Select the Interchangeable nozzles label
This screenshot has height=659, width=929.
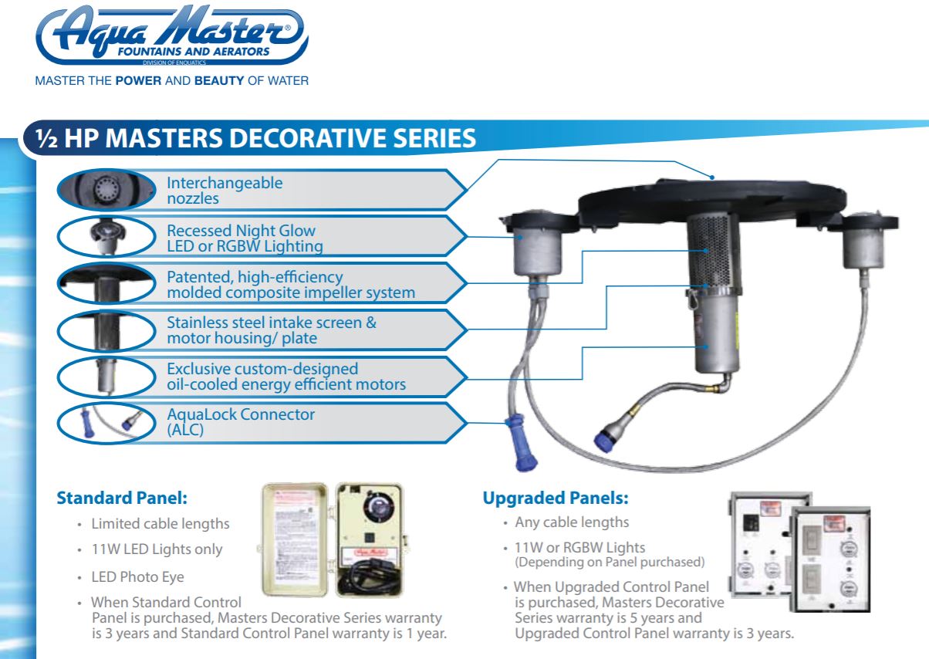point(225,190)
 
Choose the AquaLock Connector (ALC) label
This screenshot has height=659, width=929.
point(241,421)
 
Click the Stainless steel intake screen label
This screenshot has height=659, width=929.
point(272,330)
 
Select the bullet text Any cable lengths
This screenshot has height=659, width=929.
point(572,522)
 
